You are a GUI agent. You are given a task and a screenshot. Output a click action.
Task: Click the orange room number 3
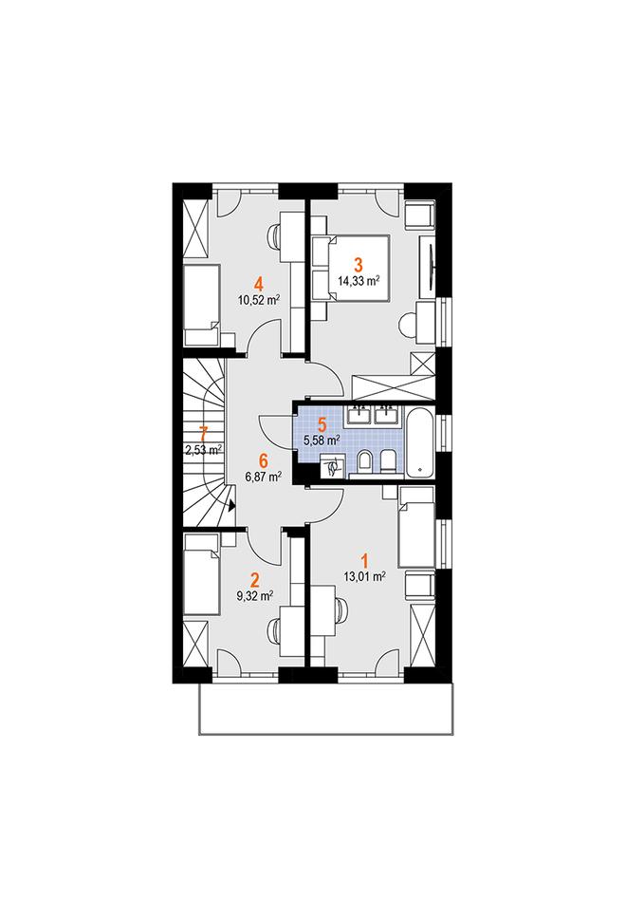click(x=359, y=265)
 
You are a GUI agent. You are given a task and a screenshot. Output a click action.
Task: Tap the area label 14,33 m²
click(x=359, y=280)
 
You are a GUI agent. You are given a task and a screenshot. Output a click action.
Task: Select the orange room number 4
click(x=258, y=285)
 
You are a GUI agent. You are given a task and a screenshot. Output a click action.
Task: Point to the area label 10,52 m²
click(x=258, y=301)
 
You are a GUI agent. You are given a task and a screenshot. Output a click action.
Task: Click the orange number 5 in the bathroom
click(x=322, y=423)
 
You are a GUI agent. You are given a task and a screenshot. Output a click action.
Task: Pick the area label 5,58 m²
click(x=322, y=440)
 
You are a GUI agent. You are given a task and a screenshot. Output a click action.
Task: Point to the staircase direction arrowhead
click(x=232, y=505)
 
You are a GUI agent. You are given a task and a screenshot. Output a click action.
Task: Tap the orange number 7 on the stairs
click(x=203, y=435)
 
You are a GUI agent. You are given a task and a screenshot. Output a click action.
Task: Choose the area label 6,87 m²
click(x=264, y=477)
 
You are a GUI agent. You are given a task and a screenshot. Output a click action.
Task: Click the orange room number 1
click(x=364, y=561)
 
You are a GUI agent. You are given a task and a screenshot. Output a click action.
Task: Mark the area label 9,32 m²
click(x=254, y=596)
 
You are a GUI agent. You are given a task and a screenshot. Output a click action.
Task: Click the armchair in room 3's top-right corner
click(x=419, y=216)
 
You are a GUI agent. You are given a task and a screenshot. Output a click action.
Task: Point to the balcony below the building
click(x=326, y=708)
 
